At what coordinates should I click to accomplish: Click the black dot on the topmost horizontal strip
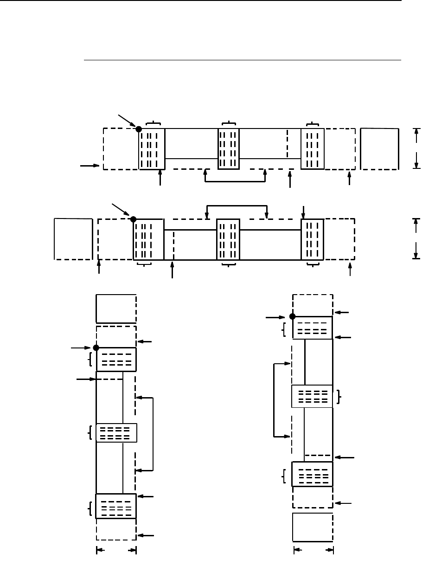click(x=139, y=129)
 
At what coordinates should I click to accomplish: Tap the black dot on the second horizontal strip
click(x=133, y=219)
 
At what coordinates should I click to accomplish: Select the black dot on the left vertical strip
click(x=96, y=347)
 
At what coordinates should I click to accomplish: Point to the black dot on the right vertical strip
click(x=292, y=316)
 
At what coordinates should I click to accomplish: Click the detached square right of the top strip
click(x=379, y=148)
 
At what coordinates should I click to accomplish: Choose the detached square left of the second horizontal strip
click(x=73, y=238)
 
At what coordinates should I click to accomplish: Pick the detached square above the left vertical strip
click(x=116, y=308)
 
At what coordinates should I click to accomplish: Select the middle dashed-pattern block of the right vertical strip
click(x=312, y=396)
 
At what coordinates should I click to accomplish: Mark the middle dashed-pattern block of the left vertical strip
click(x=116, y=432)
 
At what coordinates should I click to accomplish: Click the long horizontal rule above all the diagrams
click(x=241, y=60)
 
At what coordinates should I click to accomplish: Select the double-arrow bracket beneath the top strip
click(x=235, y=181)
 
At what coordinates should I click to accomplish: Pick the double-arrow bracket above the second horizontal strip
click(x=237, y=205)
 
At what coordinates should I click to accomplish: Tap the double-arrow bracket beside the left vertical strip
click(x=152, y=434)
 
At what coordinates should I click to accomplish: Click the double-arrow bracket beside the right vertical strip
click(x=275, y=400)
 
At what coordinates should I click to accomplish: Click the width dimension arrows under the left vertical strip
click(x=116, y=551)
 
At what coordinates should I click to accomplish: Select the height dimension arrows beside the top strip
click(x=417, y=148)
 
